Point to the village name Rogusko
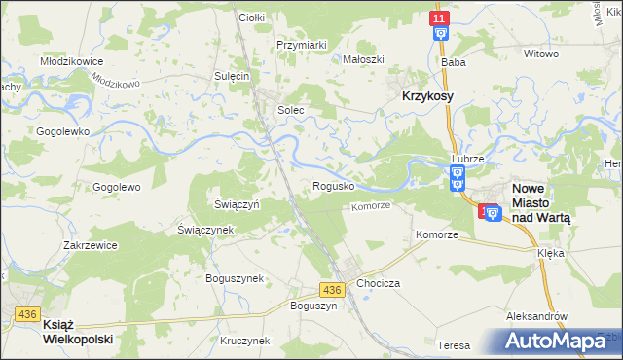point(332,185)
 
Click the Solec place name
point(291,110)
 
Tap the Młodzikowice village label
point(72,60)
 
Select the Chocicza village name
point(379,282)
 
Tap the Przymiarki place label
point(301,44)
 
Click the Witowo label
point(541,54)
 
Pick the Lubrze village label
point(467,158)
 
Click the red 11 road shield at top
point(440,18)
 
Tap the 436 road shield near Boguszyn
point(331,290)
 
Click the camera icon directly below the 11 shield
point(440,34)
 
